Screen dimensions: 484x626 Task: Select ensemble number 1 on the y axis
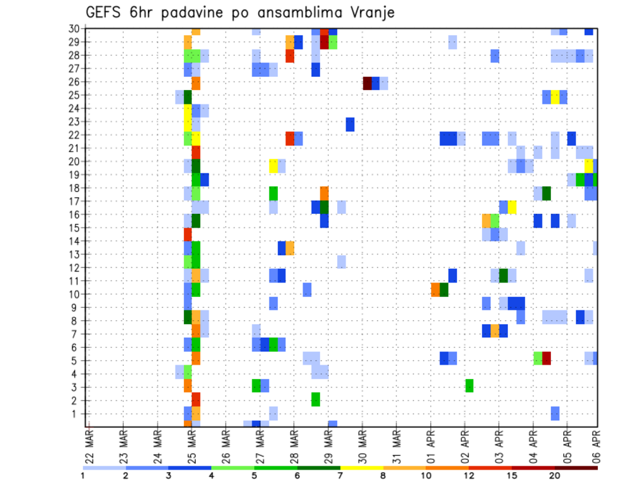tap(76, 414)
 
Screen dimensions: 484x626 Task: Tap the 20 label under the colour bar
tap(555, 476)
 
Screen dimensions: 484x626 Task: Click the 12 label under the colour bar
tap(469, 476)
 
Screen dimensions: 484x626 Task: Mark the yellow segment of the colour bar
tap(361, 468)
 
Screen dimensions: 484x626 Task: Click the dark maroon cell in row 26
tap(367, 83)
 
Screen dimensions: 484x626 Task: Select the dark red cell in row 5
tap(546, 357)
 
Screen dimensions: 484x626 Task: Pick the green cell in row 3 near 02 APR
tap(469, 386)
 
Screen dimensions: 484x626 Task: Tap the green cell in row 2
tap(316, 399)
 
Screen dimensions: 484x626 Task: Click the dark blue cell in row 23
tap(350, 124)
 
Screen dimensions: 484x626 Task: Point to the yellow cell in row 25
tap(555, 97)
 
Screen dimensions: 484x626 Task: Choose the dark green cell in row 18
tap(546, 193)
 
